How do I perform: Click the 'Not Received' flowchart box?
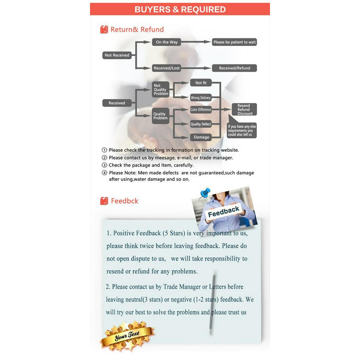click(117, 55)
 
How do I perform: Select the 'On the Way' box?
click(166, 42)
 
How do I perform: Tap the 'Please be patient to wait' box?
click(234, 42)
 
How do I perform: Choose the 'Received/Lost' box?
click(166, 68)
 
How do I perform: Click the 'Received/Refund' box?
click(234, 68)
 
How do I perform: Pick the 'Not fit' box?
click(201, 83)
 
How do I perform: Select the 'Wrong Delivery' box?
click(201, 98)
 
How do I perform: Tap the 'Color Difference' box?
click(201, 110)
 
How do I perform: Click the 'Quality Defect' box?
click(201, 124)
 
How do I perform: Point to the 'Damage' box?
click(201, 137)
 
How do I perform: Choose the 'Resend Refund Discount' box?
click(244, 109)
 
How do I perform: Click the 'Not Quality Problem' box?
click(161, 90)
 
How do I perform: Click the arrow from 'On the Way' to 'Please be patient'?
click(196, 42)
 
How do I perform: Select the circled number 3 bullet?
click(104, 165)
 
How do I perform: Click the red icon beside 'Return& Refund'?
click(104, 30)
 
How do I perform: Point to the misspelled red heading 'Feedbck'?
click(124, 201)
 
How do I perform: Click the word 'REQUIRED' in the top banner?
click(204, 9)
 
